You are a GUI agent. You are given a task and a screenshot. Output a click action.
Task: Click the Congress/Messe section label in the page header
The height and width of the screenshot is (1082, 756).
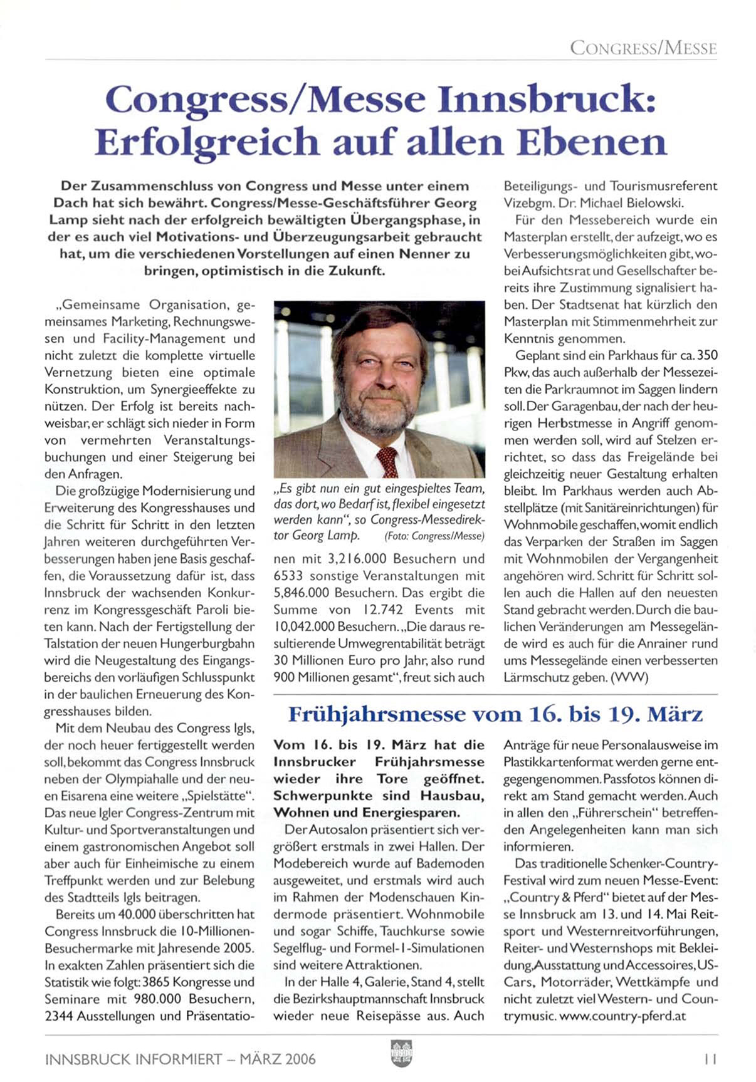pos(643,48)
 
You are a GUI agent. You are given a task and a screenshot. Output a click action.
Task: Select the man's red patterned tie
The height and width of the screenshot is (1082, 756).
pos(387,461)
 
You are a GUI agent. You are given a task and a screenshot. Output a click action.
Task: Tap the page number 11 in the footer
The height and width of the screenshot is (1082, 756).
pos(710,1059)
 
